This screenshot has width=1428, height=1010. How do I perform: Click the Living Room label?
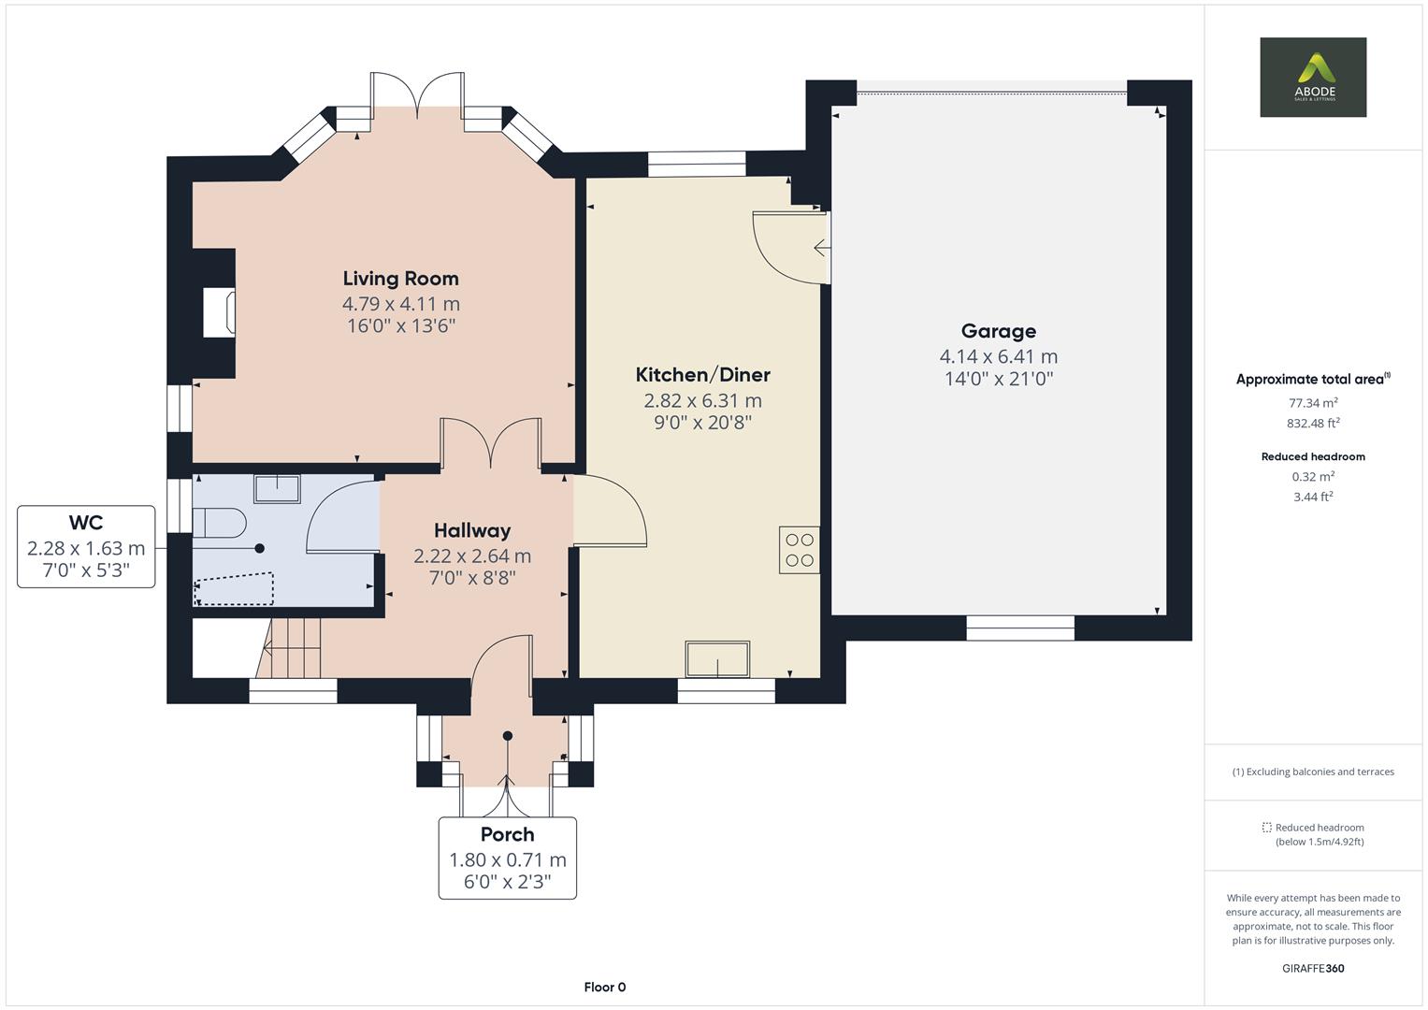[x=400, y=279]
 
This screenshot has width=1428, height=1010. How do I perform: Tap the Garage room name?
[x=998, y=331]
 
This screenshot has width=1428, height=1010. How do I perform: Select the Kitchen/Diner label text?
[x=702, y=375]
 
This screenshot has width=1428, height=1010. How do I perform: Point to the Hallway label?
[x=472, y=530]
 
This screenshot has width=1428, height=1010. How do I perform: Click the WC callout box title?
[x=85, y=523]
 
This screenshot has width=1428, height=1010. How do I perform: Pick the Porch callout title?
[x=507, y=834]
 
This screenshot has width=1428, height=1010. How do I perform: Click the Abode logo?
[x=1312, y=78]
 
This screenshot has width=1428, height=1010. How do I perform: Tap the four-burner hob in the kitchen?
[x=800, y=550]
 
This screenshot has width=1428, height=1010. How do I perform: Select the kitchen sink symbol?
[x=717, y=659]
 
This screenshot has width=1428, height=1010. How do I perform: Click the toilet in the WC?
[x=219, y=523]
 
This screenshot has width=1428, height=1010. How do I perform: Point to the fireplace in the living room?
[x=220, y=312]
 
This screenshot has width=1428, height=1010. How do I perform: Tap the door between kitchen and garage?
[x=790, y=247]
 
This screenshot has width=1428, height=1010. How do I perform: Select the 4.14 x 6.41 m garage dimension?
[x=998, y=356]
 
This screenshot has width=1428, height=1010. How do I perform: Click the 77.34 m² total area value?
[x=1312, y=403]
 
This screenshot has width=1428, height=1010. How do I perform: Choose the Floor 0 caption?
[x=604, y=987]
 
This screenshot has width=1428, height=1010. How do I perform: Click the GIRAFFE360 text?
[x=1312, y=968]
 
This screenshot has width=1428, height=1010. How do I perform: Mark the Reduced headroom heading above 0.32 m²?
[x=1312, y=456]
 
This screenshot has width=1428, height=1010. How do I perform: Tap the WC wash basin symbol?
[x=277, y=488]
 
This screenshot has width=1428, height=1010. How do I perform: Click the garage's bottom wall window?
[x=1019, y=628]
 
